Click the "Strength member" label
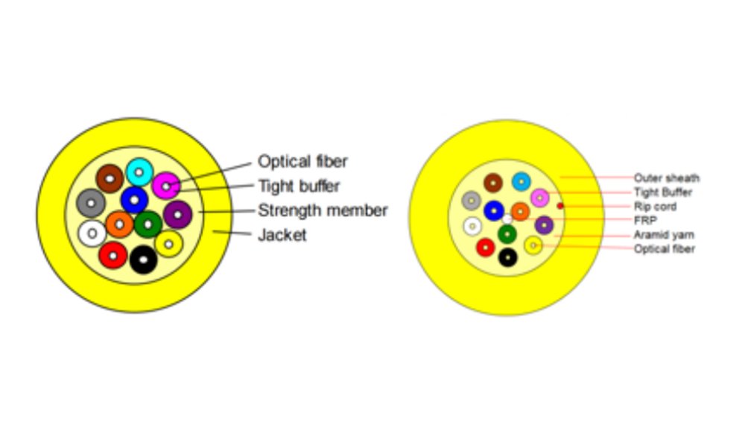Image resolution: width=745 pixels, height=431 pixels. pos(323,211)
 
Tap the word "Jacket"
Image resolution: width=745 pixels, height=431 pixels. pos(282,236)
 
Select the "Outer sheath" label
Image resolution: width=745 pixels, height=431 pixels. pos(667,178)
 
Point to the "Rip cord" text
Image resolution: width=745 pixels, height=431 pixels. pos(655,207)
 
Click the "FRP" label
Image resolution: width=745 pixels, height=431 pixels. pos(645,221)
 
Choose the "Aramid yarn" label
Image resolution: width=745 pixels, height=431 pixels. pos(663,235)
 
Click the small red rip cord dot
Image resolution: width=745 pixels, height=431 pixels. pos(560,206)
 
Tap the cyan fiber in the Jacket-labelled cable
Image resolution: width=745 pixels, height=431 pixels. pos(139,172)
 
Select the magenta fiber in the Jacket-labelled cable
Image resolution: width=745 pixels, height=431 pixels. pos(166,185)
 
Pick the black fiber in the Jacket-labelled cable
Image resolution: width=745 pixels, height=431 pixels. pos(143,259)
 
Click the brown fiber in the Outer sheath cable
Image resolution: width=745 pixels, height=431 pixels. pos(493,183)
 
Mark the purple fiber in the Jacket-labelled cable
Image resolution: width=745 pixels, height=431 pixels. pos(177,215)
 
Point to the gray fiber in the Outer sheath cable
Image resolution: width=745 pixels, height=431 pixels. pos(471,201)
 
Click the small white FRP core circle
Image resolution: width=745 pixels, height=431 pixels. pos(507,219)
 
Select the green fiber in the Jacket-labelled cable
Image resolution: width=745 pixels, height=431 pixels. pos(148,224)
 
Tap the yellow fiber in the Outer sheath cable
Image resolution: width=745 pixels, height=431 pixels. pos(533,245)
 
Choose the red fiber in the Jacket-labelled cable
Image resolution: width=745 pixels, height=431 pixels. pos(113,255)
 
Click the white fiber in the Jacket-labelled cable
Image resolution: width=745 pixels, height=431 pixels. pos(92,233)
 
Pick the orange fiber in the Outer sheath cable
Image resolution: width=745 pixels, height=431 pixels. pos(521,211)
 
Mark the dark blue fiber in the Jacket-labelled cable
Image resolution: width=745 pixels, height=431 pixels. pos(134,200)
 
